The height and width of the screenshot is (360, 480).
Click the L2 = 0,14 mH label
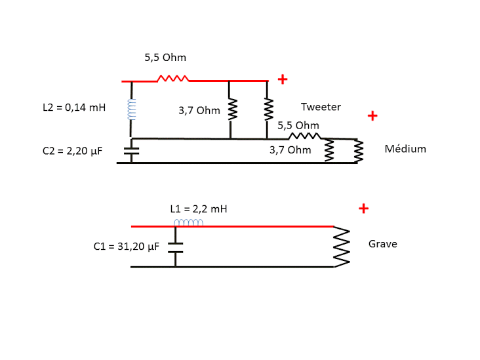[74, 107]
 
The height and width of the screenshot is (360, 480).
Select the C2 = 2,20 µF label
[72, 151]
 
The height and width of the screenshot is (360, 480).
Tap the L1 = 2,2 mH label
[198, 209]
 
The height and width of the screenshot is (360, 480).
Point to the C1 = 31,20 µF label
[127, 247]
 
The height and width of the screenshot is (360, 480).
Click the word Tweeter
[321, 106]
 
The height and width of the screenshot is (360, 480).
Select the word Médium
[405, 149]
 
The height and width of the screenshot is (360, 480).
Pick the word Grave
[383, 244]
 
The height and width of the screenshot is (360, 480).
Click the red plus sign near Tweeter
[283, 79]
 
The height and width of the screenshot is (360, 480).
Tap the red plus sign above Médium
[372, 116]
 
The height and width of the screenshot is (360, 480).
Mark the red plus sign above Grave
[364, 209]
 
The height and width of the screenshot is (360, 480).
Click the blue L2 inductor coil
[132, 110]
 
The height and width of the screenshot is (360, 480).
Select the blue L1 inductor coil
[189, 223]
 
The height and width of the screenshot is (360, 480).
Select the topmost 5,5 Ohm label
[165, 58]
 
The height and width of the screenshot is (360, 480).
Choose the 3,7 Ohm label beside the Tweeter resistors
[199, 110]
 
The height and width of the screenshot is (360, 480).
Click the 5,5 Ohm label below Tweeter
[298, 125]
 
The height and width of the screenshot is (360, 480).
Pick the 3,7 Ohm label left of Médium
[290, 150]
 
